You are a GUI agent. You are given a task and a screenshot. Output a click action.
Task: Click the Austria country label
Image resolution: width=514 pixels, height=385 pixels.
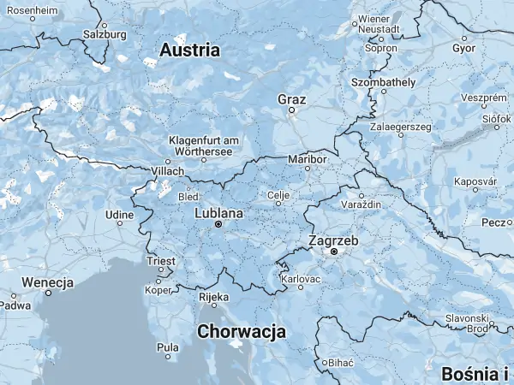click(190, 50)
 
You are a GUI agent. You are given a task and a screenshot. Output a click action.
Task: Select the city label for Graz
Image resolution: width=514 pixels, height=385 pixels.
click(291, 99)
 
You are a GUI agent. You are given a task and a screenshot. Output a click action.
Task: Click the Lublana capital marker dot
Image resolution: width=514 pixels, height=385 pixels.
click(218, 224)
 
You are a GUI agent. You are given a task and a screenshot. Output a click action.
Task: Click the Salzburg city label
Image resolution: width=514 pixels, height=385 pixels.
click(104, 35)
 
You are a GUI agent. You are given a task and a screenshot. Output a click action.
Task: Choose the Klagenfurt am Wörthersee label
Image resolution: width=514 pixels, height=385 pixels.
click(204, 145)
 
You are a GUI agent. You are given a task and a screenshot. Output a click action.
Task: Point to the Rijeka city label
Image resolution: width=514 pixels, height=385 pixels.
click(213, 297)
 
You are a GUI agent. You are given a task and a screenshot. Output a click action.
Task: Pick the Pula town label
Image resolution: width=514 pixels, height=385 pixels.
click(168, 347)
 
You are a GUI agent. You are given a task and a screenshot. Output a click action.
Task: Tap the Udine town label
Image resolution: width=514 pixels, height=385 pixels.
click(118, 213)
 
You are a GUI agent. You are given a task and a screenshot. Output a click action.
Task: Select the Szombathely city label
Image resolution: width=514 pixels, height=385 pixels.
click(383, 82)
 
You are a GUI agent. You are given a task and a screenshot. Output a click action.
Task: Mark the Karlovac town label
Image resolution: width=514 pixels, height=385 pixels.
click(301, 279)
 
